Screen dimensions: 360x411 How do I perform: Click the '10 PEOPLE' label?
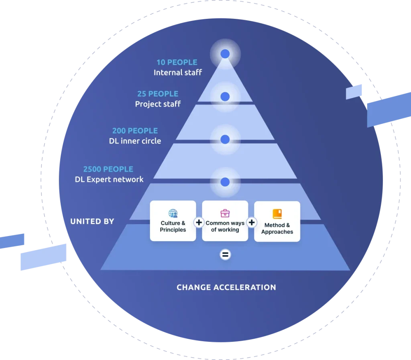tap(177, 63)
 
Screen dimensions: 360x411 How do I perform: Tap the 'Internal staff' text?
tap(177, 73)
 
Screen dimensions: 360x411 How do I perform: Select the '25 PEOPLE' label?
tap(158, 94)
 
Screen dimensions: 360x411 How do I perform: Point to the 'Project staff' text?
tap(158, 104)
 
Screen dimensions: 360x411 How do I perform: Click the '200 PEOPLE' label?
tap(135, 131)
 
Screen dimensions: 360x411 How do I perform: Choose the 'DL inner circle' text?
tap(135, 141)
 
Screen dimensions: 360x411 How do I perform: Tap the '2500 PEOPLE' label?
tap(108, 169)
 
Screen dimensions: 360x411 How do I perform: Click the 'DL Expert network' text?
tap(109, 179)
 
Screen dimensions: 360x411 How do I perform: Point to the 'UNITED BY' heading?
tap(92, 221)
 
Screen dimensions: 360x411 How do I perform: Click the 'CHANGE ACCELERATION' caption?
tap(226, 287)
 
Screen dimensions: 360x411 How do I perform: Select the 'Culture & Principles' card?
tap(173, 221)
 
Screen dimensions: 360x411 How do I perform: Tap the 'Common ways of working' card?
tap(225, 221)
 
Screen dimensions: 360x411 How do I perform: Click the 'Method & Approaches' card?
tap(277, 221)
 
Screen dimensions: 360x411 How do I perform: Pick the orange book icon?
tap(277, 214)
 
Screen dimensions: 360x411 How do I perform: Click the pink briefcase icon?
tap(225, 213)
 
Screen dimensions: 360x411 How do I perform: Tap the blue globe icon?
tap(173, 213)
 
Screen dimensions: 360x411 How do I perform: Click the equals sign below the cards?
tap(226, 254)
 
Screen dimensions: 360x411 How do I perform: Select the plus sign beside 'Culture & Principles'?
tap(199, 222)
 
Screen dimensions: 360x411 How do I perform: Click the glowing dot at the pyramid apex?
tap(225, 53)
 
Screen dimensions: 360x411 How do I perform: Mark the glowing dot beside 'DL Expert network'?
tap(225, 182)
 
